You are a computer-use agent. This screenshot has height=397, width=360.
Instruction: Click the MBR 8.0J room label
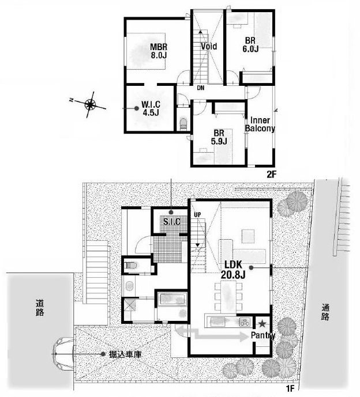coord(159,51)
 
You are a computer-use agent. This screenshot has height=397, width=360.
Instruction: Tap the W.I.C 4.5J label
coord(150,108)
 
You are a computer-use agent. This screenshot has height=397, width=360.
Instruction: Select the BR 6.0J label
coord(250,44)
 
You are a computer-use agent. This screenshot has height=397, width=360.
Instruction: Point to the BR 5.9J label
coord(218,137)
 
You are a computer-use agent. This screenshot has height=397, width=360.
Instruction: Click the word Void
coord(208,46)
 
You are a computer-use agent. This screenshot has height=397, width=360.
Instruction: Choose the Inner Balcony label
coord(260,124)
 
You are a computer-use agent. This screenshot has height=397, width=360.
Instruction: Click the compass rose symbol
coord(91,104)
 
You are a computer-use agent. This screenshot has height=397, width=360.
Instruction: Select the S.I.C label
coord(172,222)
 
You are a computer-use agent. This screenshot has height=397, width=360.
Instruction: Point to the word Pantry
coord(262,335)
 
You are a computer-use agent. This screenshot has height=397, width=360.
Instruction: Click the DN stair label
coord(200,89)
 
